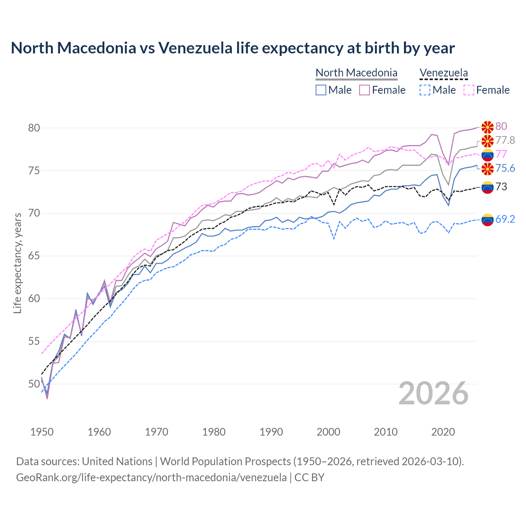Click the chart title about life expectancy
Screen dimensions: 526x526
tap(233, 48)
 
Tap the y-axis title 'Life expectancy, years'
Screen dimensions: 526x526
tap(17, 263)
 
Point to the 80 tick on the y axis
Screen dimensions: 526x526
tap(34, 128)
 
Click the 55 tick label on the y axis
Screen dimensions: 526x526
tap(34, 341)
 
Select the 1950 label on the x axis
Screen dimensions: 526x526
tap(42, 432)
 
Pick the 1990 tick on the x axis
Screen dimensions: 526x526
tap(271, 432)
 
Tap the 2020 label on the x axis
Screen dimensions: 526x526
tap(443, 432)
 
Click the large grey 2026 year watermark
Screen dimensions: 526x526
tap(434, 393)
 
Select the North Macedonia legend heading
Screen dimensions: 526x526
tap(356, 73)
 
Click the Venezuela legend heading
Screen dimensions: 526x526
tap(443, 73)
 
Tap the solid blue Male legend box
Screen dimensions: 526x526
tap(321, 90)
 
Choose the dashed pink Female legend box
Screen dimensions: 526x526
tap(469, 90)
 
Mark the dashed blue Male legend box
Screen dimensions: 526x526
tap(425, 90)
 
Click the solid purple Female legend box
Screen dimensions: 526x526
tap(365, 90)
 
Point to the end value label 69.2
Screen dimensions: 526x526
tap(505, 219)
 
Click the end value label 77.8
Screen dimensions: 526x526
tap(505, 141)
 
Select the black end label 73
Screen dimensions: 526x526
tap(501, 187)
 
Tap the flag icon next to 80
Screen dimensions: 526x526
tap(487, 127)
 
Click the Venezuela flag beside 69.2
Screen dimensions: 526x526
tap(487, 220)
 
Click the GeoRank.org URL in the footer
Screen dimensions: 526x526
tap(151, 478)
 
